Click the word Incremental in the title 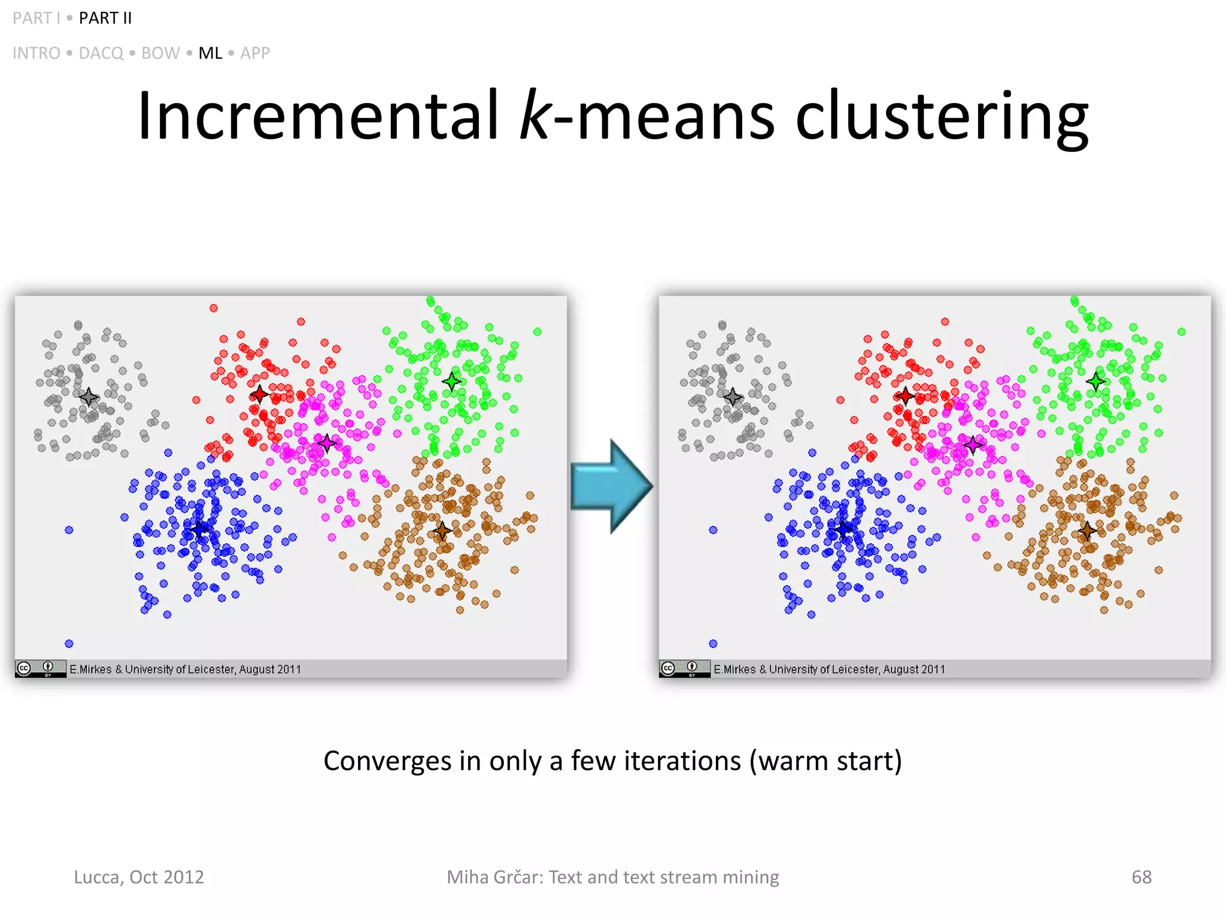[x=317, y=115]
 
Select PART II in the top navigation [x=105, y=19]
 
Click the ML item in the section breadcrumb [x=210, y=53]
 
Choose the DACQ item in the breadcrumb [x=101, y=53]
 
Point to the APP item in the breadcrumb [x=255, y=53]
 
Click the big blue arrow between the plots [x=611, y=486]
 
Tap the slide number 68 [x=1141, y=877]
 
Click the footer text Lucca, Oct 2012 [x=139, y=877]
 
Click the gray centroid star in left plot [x=89, y=397]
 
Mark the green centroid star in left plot [x=452, y=381]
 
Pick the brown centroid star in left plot [x=442, y=530]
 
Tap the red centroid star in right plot [x=905, y=395]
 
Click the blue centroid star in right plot [x=843, y=529]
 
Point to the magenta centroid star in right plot [x=973, y=445]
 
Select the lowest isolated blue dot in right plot [x=713, y=644]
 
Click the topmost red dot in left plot [x=214, y=308]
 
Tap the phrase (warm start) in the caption [x=826, y=761]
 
